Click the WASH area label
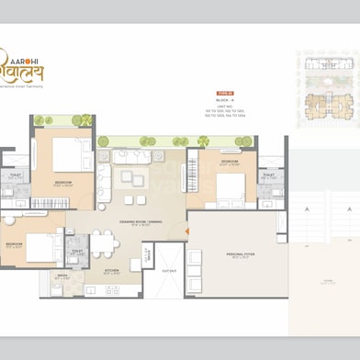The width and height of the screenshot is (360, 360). pos(62,276)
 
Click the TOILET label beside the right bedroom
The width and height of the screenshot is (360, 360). pos(268,175)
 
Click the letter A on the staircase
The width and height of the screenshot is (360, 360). pos(303,209)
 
